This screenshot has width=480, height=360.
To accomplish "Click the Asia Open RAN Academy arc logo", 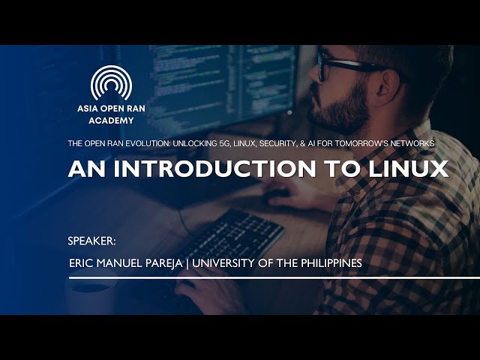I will tap(111, 83).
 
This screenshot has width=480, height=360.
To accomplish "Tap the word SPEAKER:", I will tap(91, 241).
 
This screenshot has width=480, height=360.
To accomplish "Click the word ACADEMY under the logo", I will tap(111, 120).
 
